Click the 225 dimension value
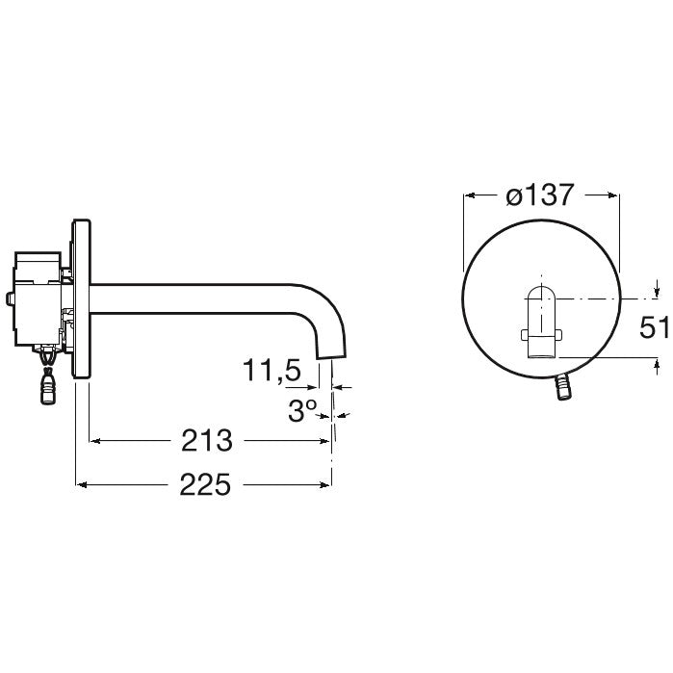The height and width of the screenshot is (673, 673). tap(205, 484)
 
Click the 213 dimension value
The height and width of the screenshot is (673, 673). tap(207, 440)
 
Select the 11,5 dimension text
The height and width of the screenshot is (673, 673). tap(272, 370)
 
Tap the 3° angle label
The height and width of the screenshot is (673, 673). tap(302, 410)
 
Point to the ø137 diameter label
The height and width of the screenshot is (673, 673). tap(540, 194)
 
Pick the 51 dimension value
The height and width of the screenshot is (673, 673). tap(654, 327)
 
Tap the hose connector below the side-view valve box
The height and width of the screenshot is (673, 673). tap(48, 384)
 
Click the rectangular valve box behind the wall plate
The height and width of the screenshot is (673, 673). tap(38, 298)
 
